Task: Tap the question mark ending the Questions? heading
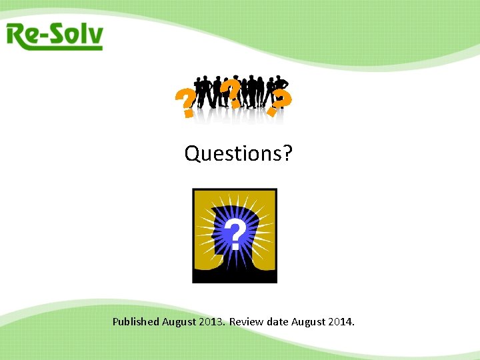pyautogui.click(x=287, y=154)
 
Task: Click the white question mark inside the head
pyautogui.click(x=233, y=235)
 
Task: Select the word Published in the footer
pyautogui.click(x=136, y=322)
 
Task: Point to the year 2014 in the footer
pyautogui.click(x=341, y=322)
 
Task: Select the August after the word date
pyautogui.click(x=309, y=322)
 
